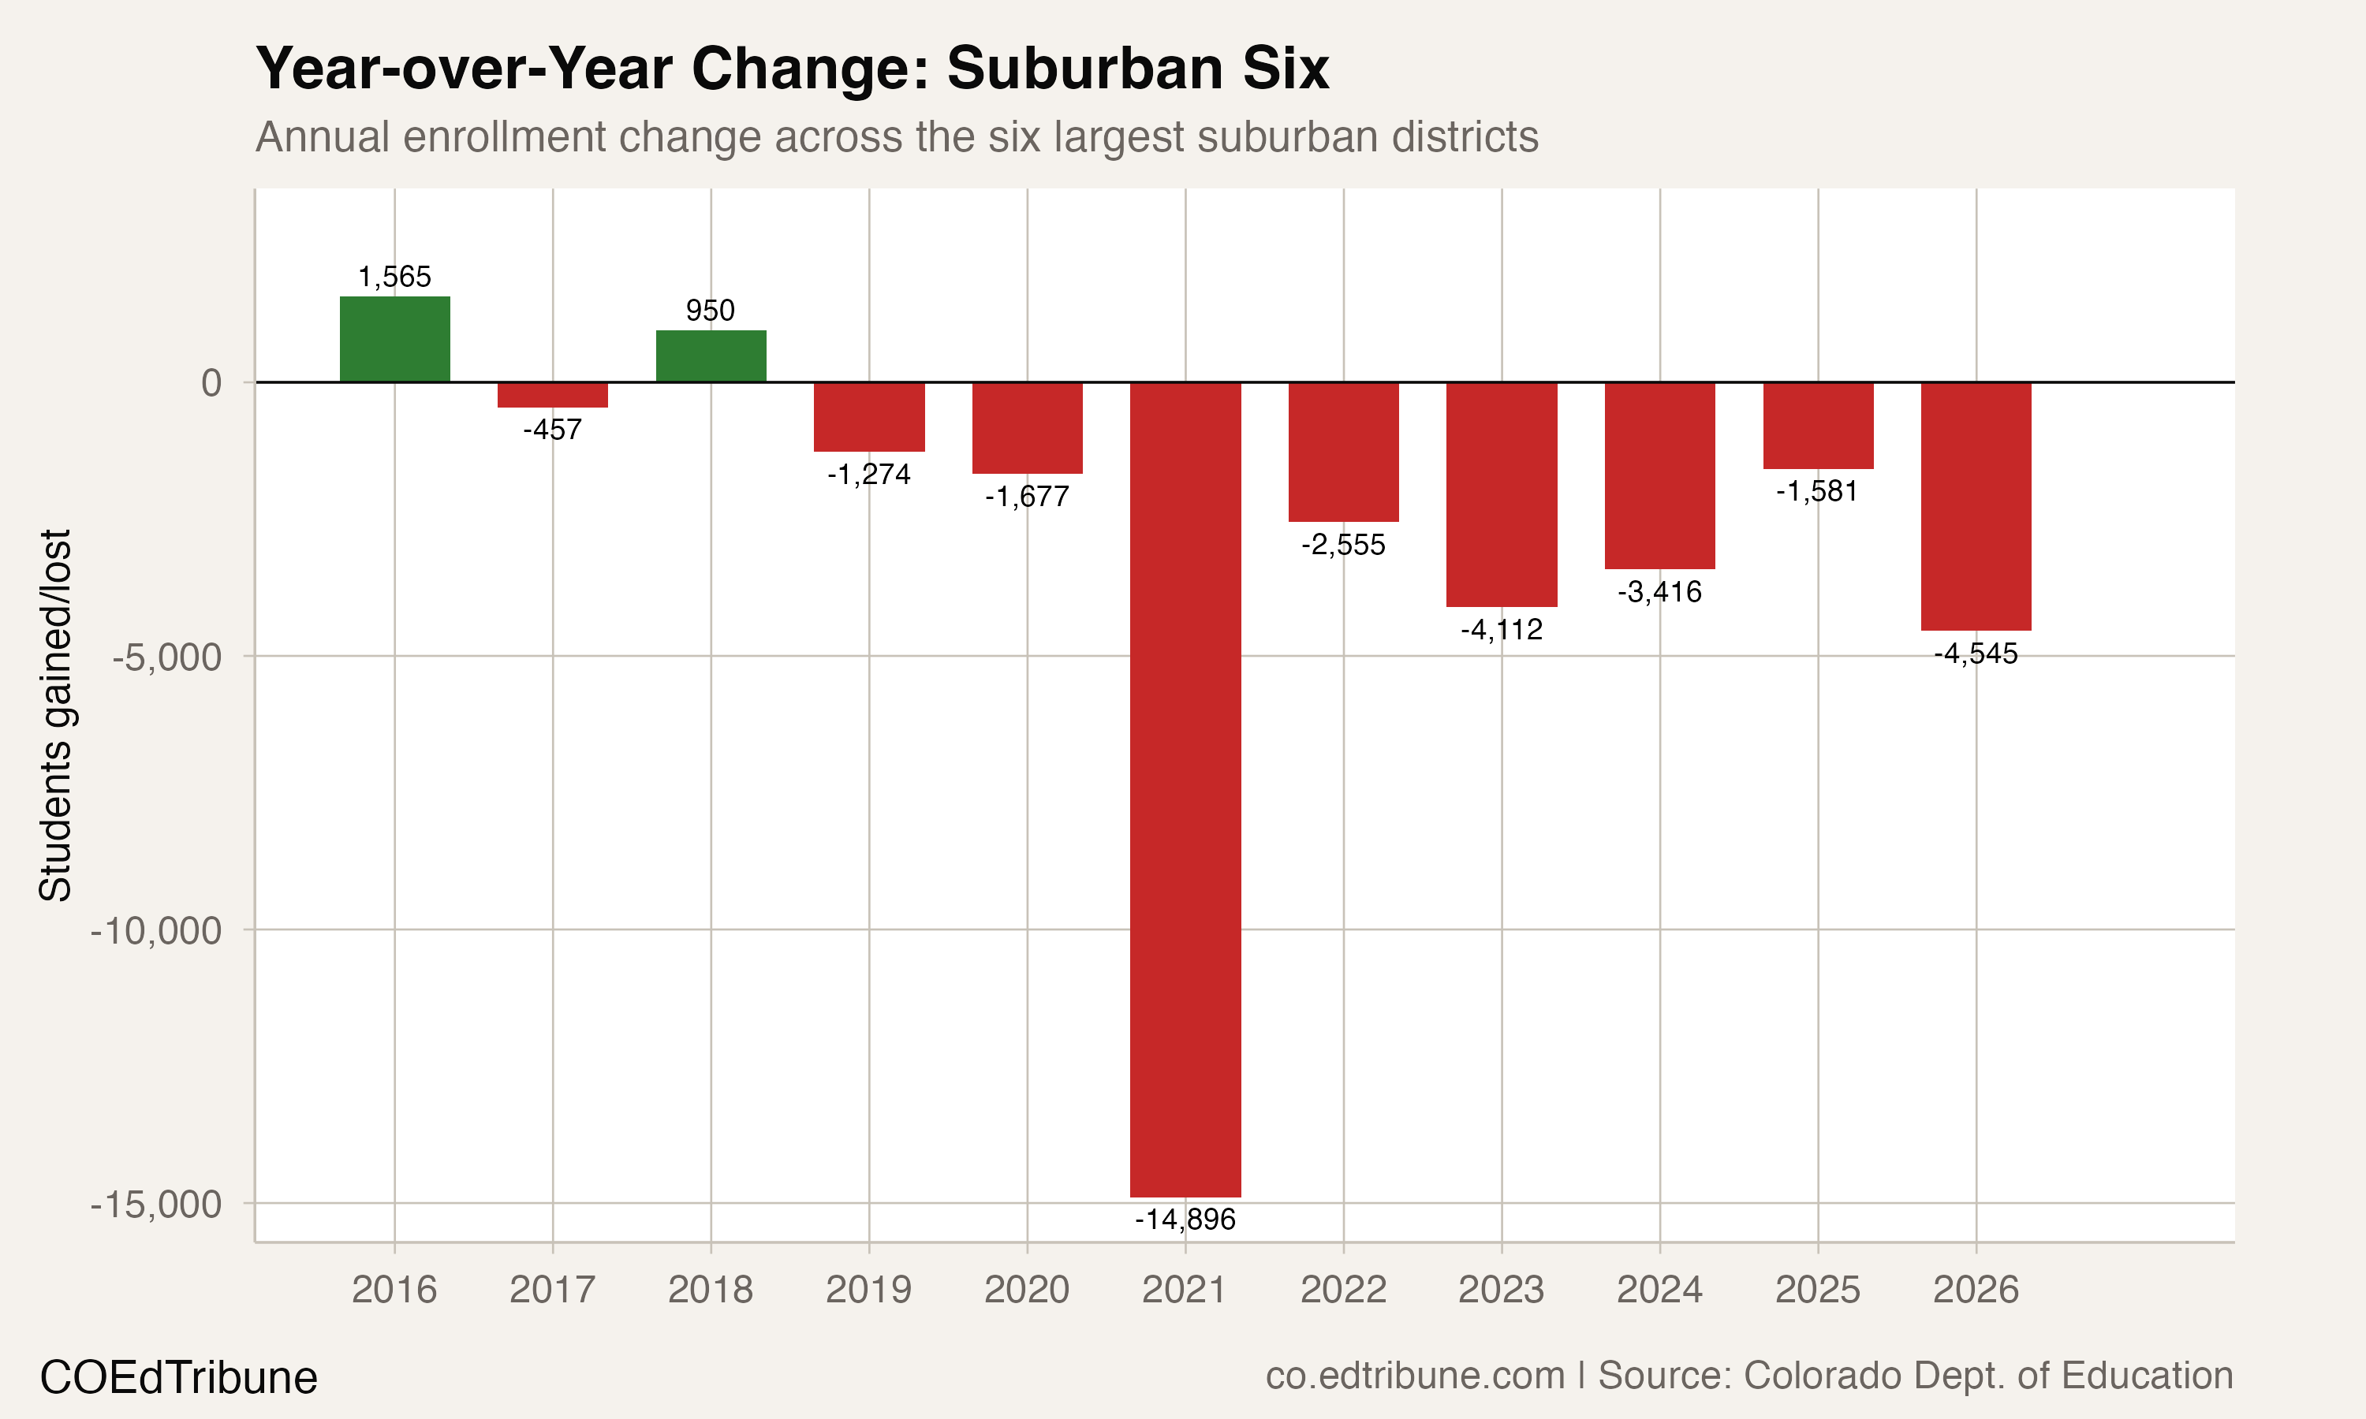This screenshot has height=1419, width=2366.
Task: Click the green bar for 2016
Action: (x=394, y=340)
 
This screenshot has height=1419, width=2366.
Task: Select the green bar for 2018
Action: (x=711, y=356)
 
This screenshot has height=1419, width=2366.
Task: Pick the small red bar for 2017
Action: (x=553, y=395)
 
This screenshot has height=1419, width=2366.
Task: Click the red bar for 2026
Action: (x=1976, y=506)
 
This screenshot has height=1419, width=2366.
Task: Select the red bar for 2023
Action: (x=1502, y=494)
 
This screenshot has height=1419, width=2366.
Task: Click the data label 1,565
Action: (x=394, y=277)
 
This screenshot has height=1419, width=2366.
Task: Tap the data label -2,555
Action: (x=1343, y=545)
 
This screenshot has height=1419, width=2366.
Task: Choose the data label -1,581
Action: (x=1817, y=491)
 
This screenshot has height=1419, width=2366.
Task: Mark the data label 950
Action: (x=711, y=310)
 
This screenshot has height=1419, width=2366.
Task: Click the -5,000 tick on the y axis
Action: (x=166, y=657)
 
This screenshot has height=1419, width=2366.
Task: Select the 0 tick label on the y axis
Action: (x=211, y=382)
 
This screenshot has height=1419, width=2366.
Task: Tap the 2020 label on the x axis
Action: (x=1026, y=1290)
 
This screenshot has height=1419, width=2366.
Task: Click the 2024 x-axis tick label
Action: (x=1659, y=1290)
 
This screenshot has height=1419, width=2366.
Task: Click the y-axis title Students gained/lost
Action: (x=55, y=714)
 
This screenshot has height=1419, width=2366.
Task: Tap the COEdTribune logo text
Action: (x=179, y=1378)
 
